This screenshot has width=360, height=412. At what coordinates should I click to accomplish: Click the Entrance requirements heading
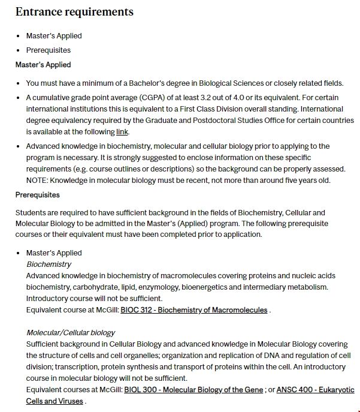(74, 12)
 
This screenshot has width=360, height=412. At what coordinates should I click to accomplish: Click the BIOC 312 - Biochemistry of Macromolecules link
(193, 310)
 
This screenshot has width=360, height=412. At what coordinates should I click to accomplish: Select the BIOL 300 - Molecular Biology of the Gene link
(193, 390)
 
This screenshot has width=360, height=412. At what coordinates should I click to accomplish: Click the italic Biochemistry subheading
(49, 264)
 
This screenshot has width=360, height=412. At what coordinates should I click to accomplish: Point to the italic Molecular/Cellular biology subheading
(71, 333)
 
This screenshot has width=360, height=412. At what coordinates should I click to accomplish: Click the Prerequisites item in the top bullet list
(48, 50)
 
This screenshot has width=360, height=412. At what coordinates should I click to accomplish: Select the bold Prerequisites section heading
(37, 195)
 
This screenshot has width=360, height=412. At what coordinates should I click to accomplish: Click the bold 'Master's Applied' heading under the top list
(43, 65)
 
